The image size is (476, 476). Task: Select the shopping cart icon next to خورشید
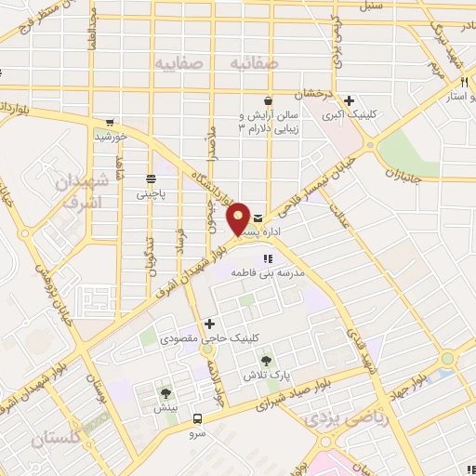click(112, 122)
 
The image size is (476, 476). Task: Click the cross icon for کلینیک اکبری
click(349, 101)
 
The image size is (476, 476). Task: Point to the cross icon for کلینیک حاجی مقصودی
click(210, 324)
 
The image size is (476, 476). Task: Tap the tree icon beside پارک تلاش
click(268, 360)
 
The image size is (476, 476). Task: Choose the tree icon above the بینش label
click(166, 393)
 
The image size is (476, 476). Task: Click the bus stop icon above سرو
click(197, 417)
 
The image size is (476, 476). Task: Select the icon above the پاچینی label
click(151, 178)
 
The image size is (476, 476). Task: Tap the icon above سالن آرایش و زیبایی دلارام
click(268, 101)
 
